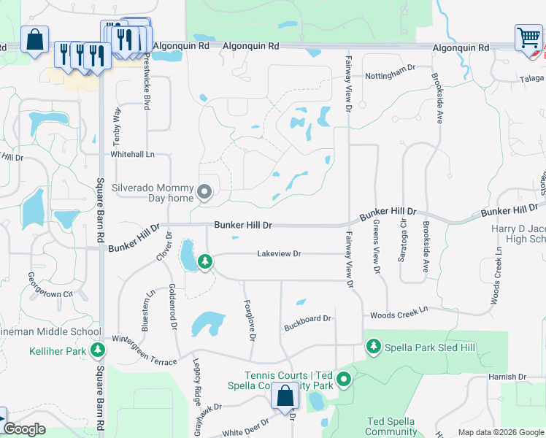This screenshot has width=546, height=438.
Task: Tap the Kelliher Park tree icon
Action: click(x=98, y=351)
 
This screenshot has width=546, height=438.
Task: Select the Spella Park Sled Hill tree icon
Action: click(x=374, y=345)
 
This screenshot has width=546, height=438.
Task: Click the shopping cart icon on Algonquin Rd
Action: click(x=528, y=37)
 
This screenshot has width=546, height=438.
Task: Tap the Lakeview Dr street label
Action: click(x=279, y=254)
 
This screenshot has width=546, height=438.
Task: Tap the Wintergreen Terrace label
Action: click(x=144, y=341)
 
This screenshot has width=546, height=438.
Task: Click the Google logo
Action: click(x=24, y=429)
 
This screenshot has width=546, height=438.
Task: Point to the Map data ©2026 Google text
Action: click(x=500, y=432)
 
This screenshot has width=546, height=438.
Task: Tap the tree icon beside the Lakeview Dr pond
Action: click(x=205, y=261)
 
